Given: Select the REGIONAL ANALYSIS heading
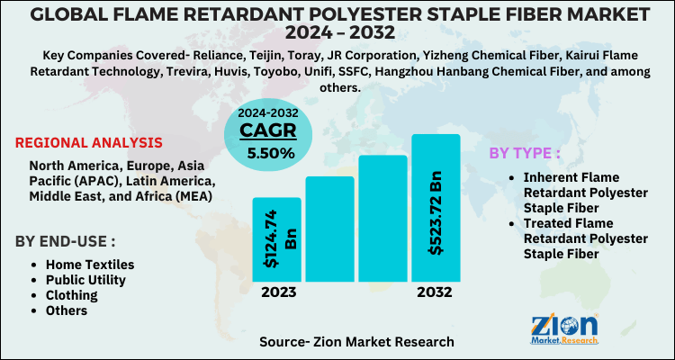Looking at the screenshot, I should [x=89, y=142].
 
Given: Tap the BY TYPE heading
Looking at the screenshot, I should [x=531, y=152].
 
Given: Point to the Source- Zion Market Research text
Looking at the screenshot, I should [x=356, y=342].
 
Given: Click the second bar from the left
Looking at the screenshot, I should [x=329, y=230].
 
